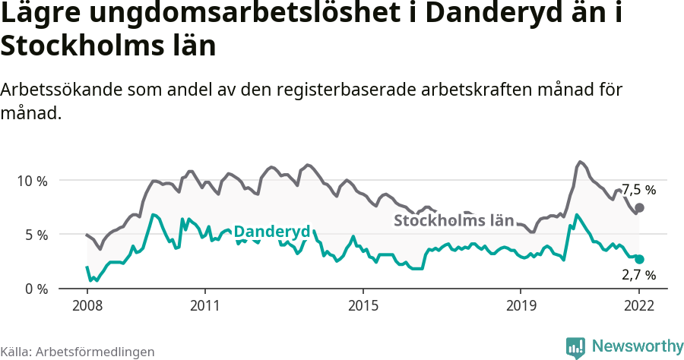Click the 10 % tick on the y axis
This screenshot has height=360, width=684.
31,181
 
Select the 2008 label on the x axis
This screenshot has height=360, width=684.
87,306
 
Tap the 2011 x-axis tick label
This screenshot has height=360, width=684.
204,306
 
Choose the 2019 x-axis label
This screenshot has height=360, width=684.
521,306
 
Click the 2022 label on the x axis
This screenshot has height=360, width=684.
639,306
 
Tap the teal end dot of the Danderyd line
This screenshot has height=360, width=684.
640,259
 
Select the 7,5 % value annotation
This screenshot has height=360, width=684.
638,190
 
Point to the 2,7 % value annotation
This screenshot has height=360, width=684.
638,275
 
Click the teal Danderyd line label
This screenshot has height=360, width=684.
271,232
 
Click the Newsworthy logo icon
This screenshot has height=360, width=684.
575,347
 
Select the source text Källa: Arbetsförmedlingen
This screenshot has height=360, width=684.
78,352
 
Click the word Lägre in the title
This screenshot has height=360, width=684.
37,14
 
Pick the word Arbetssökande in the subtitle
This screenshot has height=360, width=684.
66,90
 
